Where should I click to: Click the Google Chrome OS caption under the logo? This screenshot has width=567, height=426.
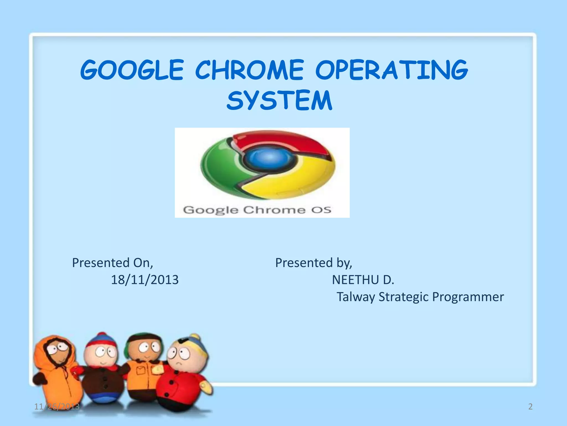coord(257,210)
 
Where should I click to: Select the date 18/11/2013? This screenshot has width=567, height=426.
coord(145,280)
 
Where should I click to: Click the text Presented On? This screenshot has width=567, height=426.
coord(112,263)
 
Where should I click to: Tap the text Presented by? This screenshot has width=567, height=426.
coord(313,263)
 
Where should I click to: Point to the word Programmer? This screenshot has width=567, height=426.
coord(468,297)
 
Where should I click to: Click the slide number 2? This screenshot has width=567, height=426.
coord(530,407)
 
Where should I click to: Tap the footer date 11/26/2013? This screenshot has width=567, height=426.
coord(57,407)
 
